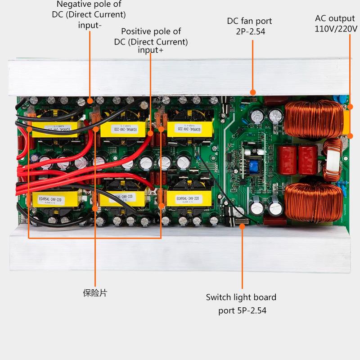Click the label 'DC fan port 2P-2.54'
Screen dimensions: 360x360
point(249,27)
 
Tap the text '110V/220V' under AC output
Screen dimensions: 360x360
point(336,29)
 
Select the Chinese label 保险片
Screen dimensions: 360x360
point(95,293)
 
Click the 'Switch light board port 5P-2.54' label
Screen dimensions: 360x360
point(241,304)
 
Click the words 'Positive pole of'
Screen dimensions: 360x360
point(151,31)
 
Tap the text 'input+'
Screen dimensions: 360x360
point(151,50)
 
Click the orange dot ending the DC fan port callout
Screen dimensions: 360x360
point(253,93)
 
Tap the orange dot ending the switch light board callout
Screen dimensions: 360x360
point(242,226)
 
